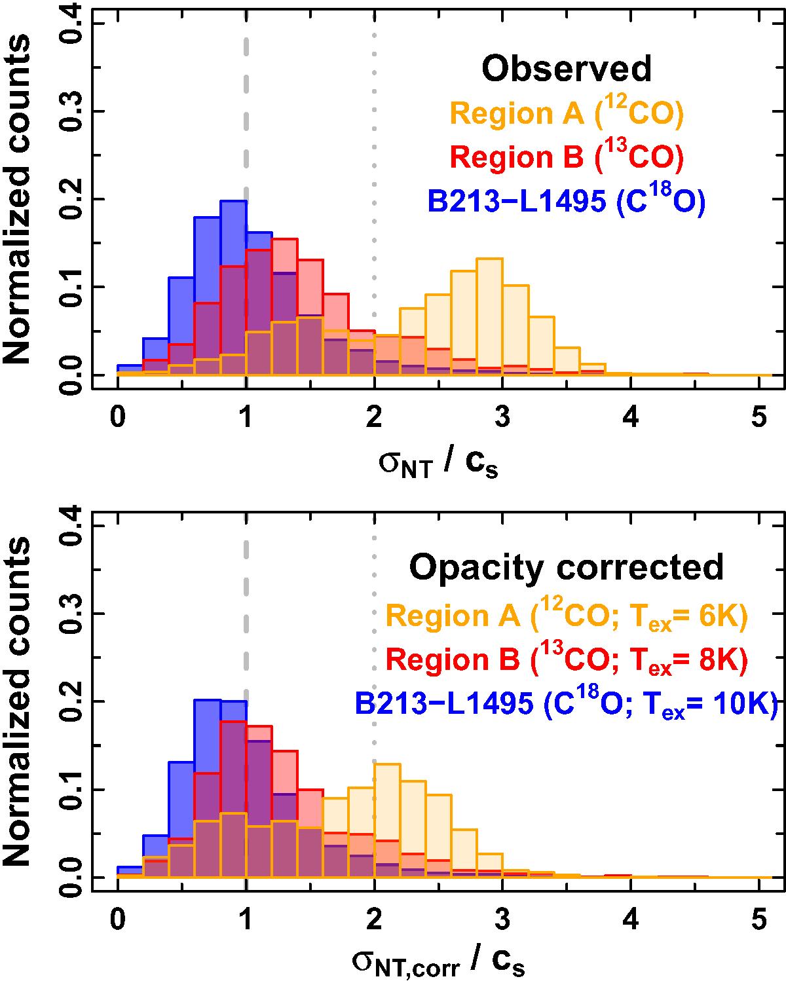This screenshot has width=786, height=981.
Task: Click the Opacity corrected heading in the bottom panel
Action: (x=567, y=567)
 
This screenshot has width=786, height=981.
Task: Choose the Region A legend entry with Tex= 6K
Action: (x=567, y=617)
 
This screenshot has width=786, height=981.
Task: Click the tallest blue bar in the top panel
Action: (x=233, y=288)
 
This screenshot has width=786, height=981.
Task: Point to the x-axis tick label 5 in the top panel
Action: (x=758, y=416)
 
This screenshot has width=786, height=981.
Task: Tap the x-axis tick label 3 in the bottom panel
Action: (x=502, y=919)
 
